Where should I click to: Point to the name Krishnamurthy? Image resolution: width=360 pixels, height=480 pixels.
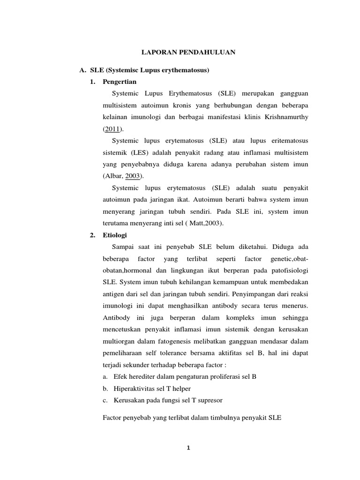pos(286,117)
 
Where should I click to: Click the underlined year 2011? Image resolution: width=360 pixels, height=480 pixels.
pos(112,129)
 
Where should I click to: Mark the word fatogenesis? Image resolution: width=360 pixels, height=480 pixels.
pos(171,342)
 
